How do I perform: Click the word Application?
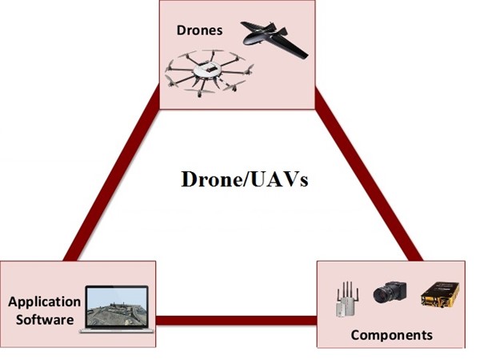click(x=44, y=302)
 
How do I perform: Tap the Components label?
click(x=391, y=334)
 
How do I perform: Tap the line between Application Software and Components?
click(x=236, y=322)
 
